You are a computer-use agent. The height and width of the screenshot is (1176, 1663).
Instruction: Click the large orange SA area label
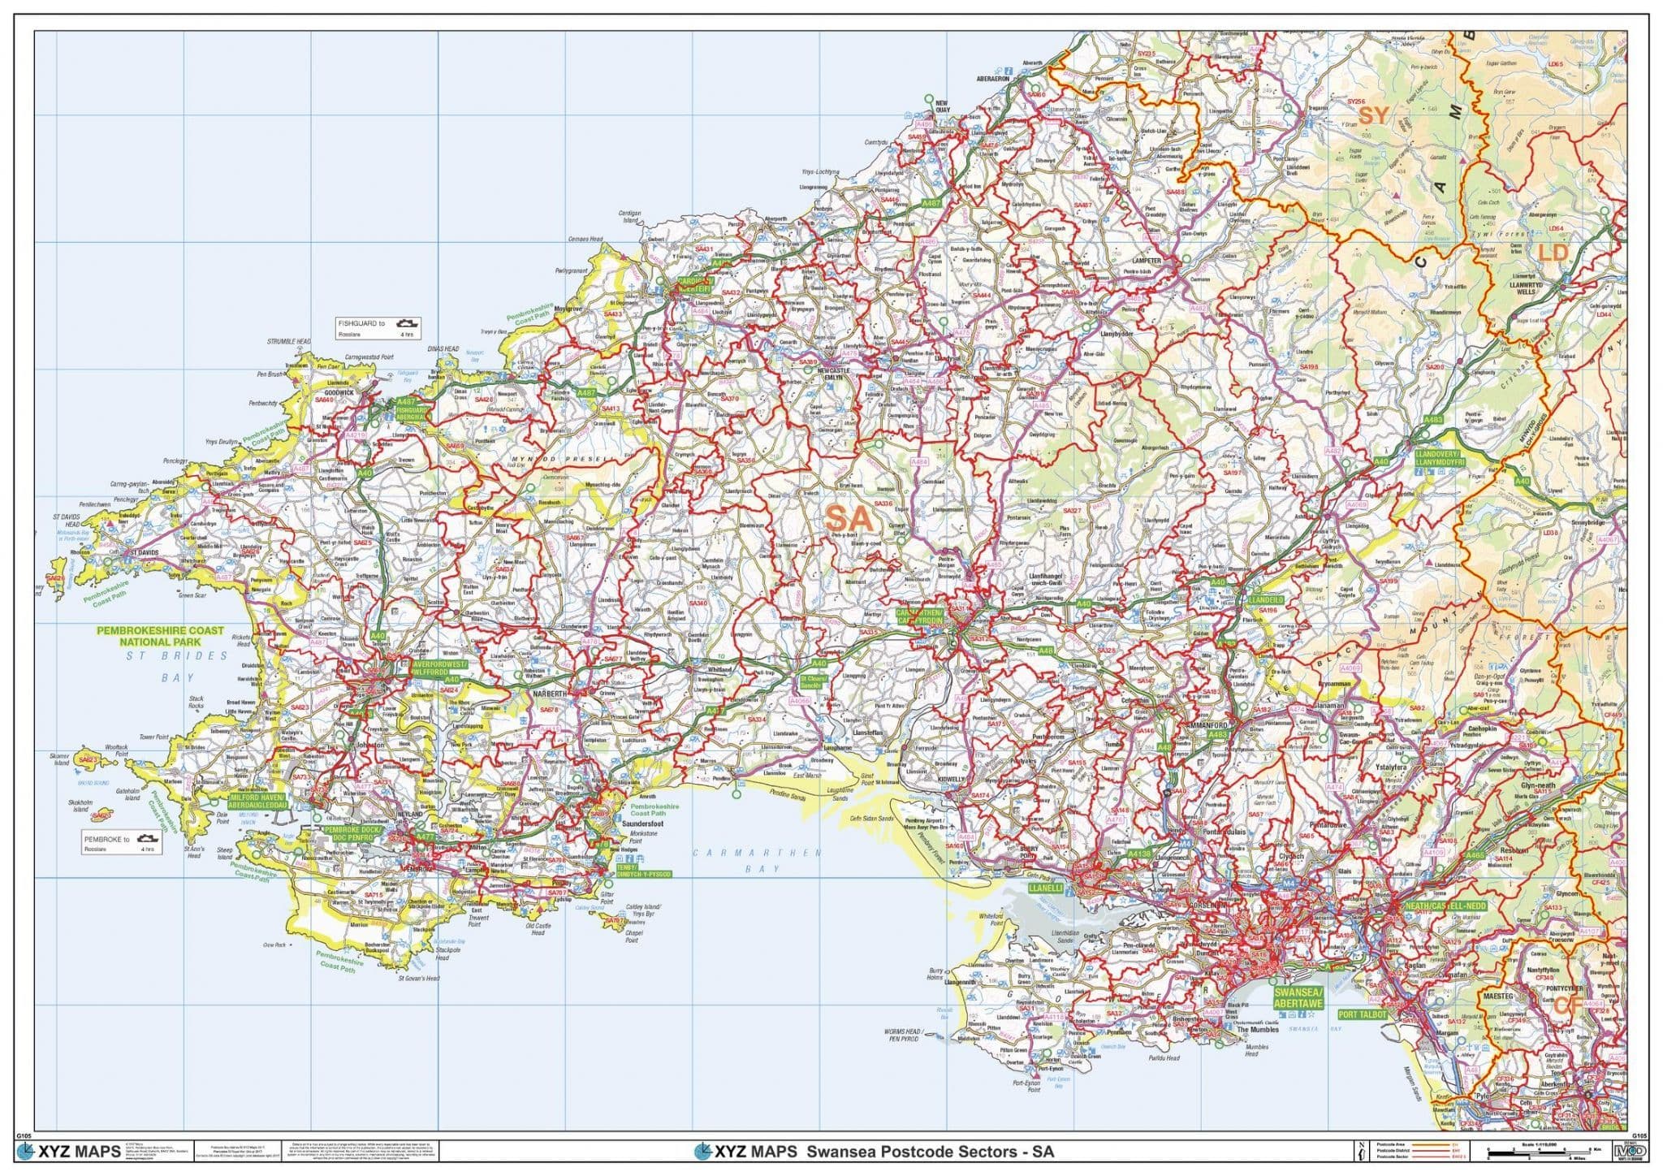tap(849, 517)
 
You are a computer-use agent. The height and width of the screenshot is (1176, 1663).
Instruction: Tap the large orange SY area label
tap(1374, 115)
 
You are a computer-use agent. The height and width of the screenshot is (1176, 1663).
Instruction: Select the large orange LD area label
tap(1553, 253)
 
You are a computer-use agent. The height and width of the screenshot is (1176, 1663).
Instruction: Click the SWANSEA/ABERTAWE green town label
tap(1298, 998)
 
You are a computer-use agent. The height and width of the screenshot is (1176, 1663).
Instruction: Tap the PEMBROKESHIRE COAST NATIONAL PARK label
tap(160, 635)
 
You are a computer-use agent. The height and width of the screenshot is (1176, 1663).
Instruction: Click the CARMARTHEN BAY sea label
tap(757, 860)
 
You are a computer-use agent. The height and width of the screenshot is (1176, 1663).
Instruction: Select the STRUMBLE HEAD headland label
tap(288, 342)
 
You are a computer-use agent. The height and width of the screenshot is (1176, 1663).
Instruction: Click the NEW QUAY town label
tap(942, 106)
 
